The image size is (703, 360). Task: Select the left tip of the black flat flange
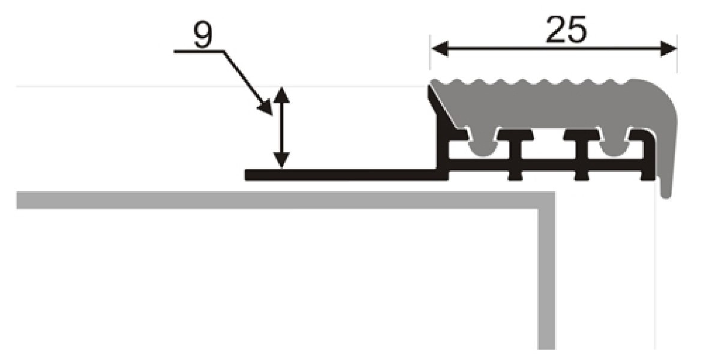(247, 175)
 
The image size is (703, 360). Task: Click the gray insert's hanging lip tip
(666, 192)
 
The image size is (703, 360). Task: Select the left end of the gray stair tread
(19, 200)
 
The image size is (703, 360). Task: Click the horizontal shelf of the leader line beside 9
(198, 52)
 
